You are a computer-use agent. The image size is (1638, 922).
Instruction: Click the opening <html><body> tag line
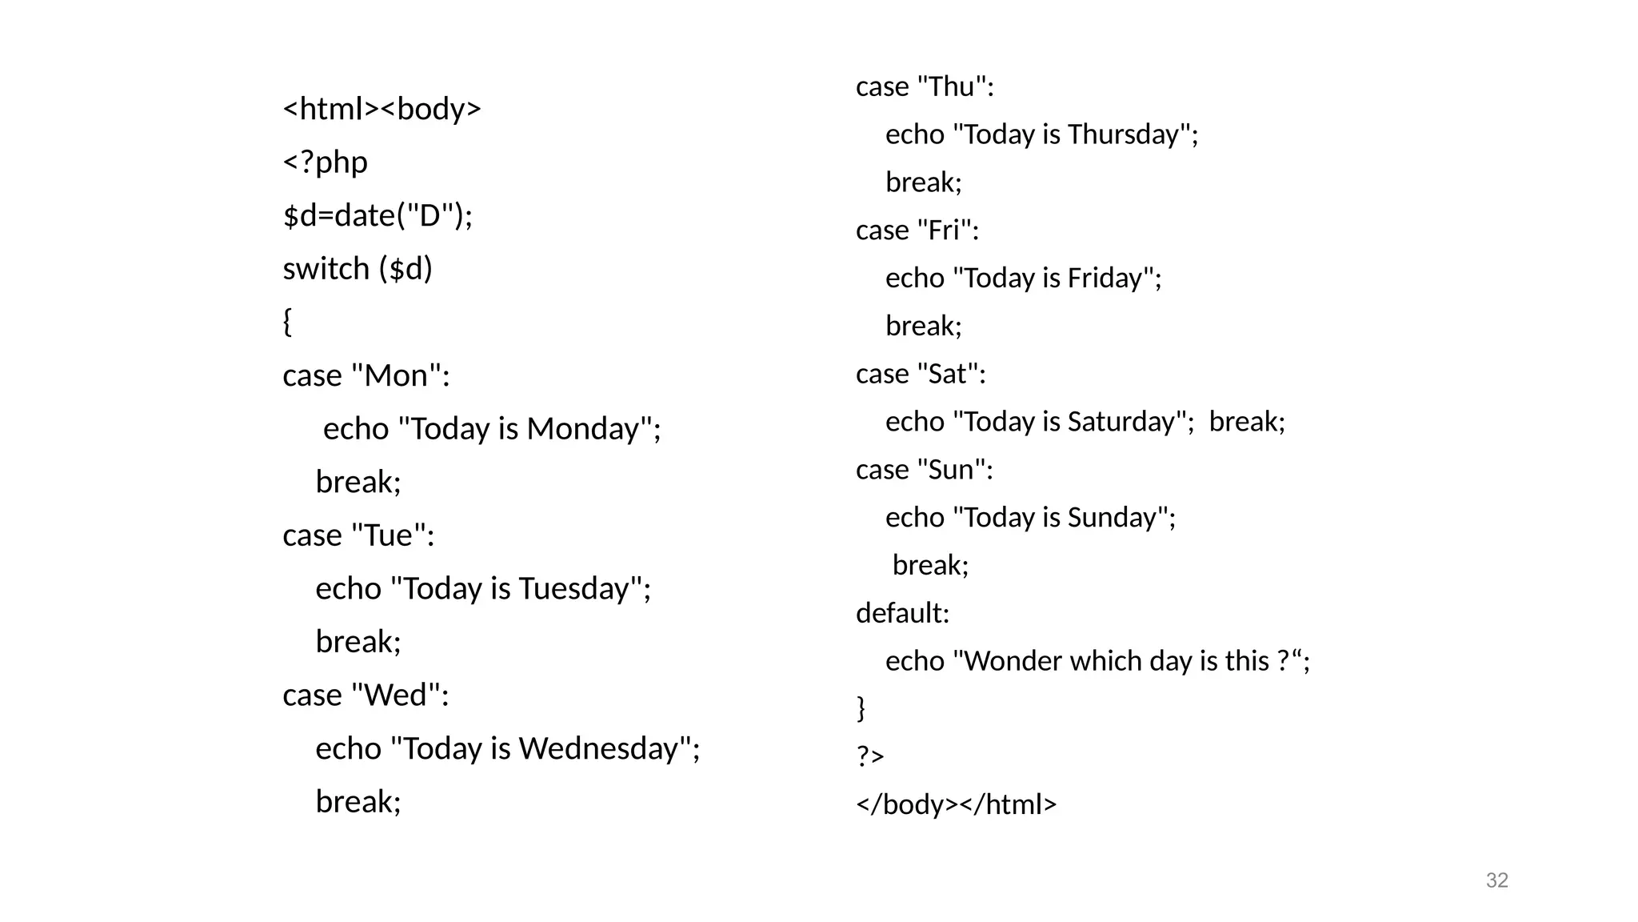[x=382, y=109]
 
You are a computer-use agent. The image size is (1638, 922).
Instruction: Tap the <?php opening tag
[x=325, y=162]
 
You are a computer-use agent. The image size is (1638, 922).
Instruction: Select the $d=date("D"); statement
[x=378, y=215]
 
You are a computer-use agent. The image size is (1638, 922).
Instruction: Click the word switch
[x=326, y=269]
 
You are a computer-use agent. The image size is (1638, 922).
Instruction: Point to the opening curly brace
[x=287, y=322]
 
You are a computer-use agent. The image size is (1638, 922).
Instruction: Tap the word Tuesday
[x=573, y=589]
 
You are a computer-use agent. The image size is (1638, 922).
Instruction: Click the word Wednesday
[x=599, y=749]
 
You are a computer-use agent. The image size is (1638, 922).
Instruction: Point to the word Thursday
[x=1123, y=134]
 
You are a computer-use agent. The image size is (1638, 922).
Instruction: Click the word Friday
[x=1105, y=279]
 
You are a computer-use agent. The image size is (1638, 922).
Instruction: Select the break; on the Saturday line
[x=1246, y=422]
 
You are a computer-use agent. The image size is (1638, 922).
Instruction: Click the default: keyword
[x=902, y=613]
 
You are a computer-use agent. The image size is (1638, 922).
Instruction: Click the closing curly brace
[x=861, y=708]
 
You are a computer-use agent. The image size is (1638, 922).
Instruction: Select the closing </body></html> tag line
[x=956, y=804]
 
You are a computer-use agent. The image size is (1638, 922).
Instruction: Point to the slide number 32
[x=1496, y=880]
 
